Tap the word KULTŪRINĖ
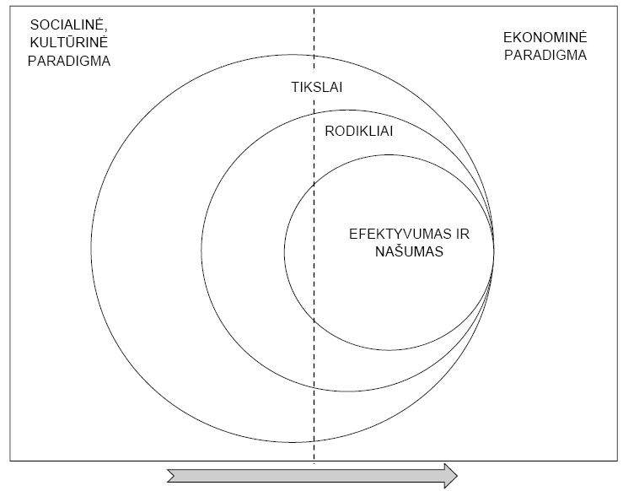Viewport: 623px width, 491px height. tap(68, 42)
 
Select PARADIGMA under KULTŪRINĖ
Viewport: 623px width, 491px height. tap(69, 62)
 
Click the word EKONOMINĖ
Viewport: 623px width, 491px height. tap(545, 37)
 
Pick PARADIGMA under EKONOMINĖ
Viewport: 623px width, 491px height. tap(545, 55)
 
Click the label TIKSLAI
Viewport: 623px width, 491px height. tap(317, 87)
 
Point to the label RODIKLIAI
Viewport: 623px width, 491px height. tap(359, 132)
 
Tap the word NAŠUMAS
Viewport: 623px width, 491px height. tap(409, 251)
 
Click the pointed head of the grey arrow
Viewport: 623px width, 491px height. tap(457, 476)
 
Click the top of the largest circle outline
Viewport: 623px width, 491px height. tap(293, 55)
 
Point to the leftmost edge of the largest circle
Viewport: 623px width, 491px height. tap(91, 249)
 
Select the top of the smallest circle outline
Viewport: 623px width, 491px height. tap(389, 154)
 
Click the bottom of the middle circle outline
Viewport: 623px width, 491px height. tap(347, 391)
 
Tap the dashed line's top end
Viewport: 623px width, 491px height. tap(314, 8)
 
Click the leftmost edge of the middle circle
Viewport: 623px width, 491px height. tap(201, 251)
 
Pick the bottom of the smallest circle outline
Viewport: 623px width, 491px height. tap(389, 350)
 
